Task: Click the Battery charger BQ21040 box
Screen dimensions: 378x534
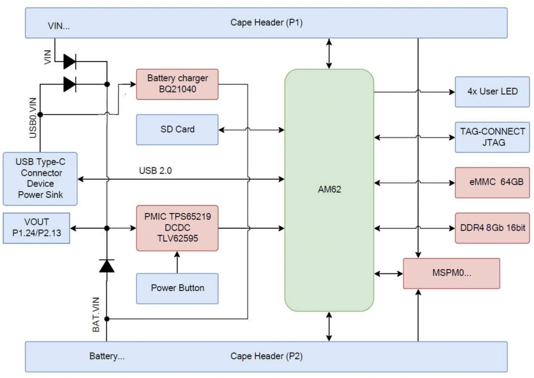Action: point(177,84)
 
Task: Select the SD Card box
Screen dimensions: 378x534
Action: point(177,129)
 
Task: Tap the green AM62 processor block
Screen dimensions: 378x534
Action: point(329,189)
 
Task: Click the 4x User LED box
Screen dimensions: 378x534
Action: point(492,92)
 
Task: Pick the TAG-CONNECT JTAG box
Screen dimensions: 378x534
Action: point(492,137)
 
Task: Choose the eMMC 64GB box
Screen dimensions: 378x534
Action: point(492,182)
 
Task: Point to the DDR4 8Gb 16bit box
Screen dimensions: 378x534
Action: point(492,227)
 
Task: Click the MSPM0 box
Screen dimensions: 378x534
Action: point(451,273)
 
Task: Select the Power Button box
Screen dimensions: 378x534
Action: point(177,288)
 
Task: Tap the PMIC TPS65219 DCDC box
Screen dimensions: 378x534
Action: point(177,228)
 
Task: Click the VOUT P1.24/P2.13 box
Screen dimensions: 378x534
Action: point(36,228)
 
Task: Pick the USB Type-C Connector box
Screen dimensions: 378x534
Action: point(40,178)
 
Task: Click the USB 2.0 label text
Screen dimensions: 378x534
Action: point(155,170)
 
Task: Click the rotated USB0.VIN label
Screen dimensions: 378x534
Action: point(33,118)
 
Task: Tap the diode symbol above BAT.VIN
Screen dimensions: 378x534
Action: point(107,265)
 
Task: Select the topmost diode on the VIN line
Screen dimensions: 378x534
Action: point(70,62)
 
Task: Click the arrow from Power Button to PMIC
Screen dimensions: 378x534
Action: point(177,262)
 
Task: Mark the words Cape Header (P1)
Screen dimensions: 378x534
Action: point(266,22)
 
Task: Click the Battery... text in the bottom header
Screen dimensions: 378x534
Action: point(107,356)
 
